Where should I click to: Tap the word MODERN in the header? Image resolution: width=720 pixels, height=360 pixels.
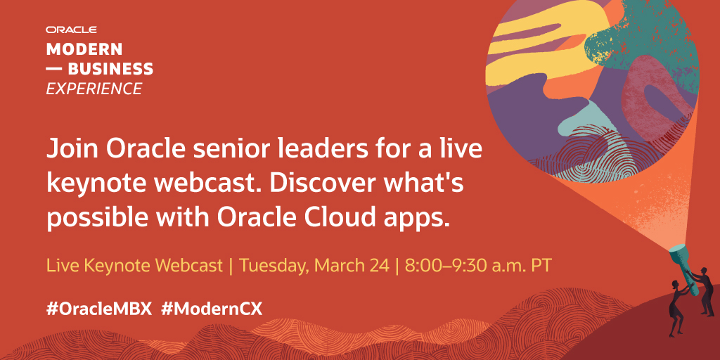(x=84, y=49)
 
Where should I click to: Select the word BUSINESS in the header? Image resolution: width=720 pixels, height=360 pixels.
(x=110, y=69)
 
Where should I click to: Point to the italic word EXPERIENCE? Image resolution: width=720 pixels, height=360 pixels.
(x=94, y=89)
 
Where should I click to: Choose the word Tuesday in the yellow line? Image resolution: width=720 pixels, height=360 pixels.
(x=275, y=266)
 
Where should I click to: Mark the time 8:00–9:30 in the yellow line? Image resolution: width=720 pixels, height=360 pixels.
(x=444, y=266)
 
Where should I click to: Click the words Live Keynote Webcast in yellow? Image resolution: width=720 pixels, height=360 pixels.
(x=134, y=266)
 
